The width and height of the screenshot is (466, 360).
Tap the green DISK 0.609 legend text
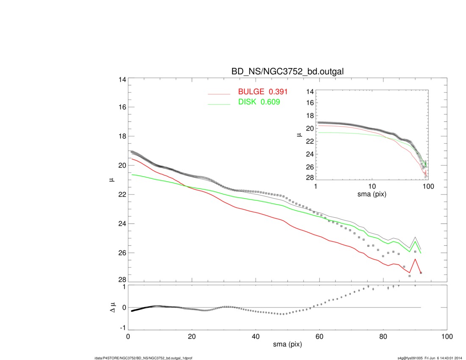[x=258, y=102]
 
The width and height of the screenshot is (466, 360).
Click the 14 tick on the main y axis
[x=122, y=80]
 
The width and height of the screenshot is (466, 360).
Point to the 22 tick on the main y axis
[x=122, y=194]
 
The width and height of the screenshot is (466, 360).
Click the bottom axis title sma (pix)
[x=287, y=346]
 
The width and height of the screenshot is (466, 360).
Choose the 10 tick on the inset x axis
[x=372, y=187]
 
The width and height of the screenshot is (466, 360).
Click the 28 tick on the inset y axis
[x=310, y=177]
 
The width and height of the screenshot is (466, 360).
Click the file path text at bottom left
[x=144, y=358]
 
